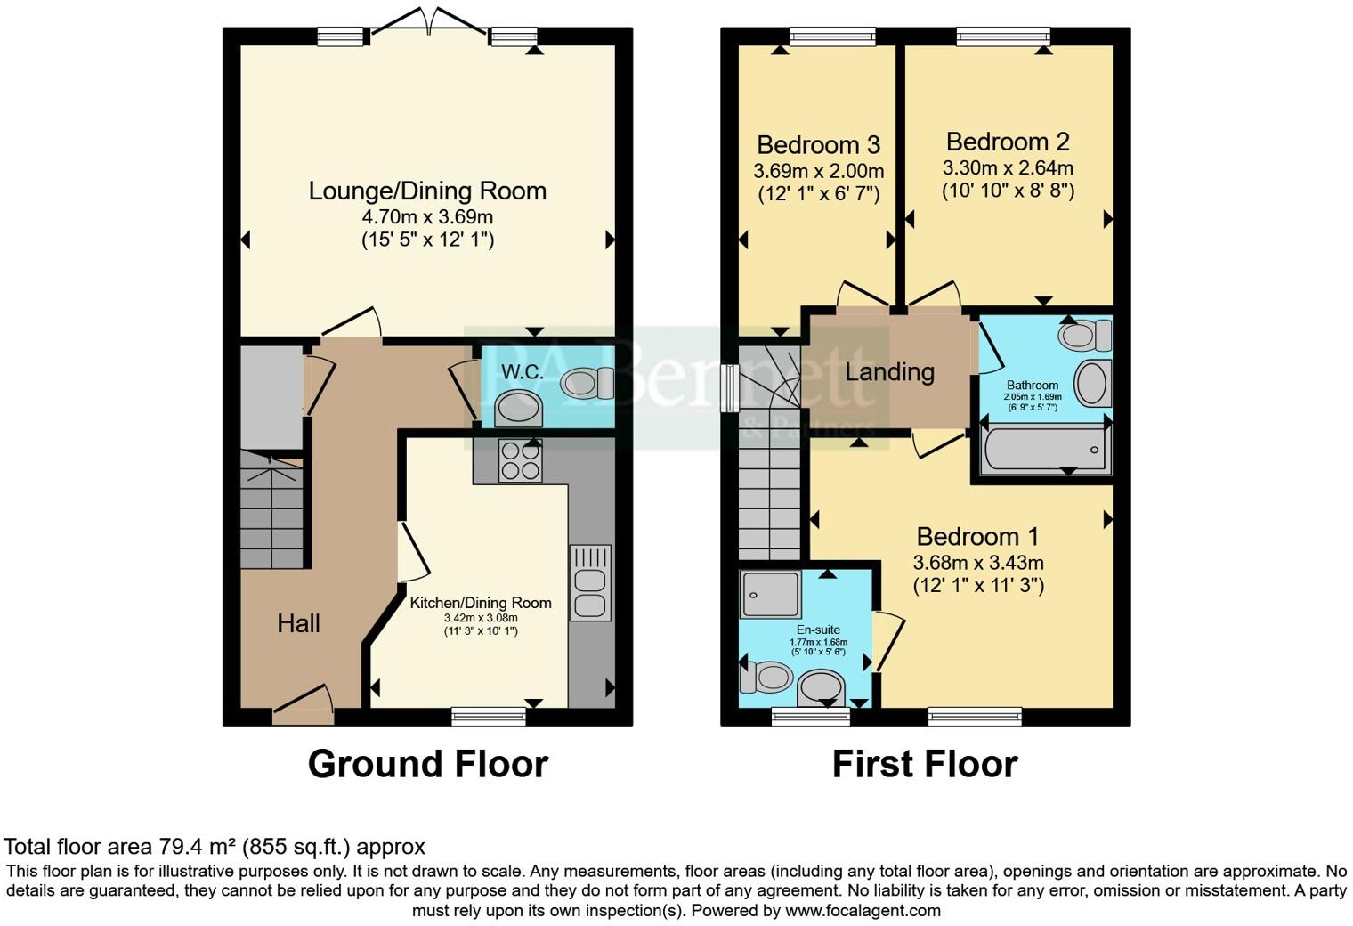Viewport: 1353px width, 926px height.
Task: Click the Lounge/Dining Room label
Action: tap(427, 191)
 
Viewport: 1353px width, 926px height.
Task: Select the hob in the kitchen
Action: tap(520, 461)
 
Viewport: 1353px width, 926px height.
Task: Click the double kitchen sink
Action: tap(589, 583)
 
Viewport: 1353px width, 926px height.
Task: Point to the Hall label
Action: tap(298, 623)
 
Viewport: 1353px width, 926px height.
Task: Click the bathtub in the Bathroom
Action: tap(1045, 449)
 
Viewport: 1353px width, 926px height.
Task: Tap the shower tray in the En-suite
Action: tap(771, 595)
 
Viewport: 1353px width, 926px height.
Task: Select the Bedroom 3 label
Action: tap(818, 145)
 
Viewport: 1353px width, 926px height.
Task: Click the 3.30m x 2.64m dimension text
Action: tap(1009, 167)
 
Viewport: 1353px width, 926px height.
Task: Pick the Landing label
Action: tap(889, 372)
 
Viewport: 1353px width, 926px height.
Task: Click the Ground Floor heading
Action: tap(428, 764)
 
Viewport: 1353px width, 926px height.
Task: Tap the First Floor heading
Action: tap(925, 764)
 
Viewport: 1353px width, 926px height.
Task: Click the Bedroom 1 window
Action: tap(975, 717)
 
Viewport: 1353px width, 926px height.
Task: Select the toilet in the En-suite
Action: tap(766, 677)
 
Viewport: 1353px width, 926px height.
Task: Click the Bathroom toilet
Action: tap(1085, 336)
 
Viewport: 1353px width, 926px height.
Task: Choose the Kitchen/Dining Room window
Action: tap(489, 717)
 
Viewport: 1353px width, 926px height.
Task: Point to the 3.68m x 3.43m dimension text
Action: tap(978, 563)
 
